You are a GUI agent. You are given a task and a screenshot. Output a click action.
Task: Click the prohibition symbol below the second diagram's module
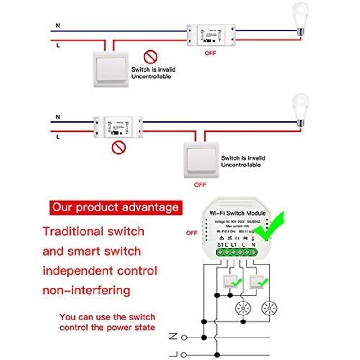(118, 147)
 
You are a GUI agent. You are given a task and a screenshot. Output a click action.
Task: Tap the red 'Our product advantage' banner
(115, 208)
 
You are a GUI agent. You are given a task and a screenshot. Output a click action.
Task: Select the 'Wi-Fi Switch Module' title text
(238, 213)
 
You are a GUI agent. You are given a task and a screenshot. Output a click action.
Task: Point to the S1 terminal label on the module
(220, 244)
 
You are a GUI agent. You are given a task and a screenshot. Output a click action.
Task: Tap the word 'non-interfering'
(86, 291)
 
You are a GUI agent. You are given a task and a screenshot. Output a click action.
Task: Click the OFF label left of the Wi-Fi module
(192, 233)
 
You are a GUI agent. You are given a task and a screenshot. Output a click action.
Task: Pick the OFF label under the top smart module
(211, 53)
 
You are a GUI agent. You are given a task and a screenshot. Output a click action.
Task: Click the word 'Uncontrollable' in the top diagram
(151, 77)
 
